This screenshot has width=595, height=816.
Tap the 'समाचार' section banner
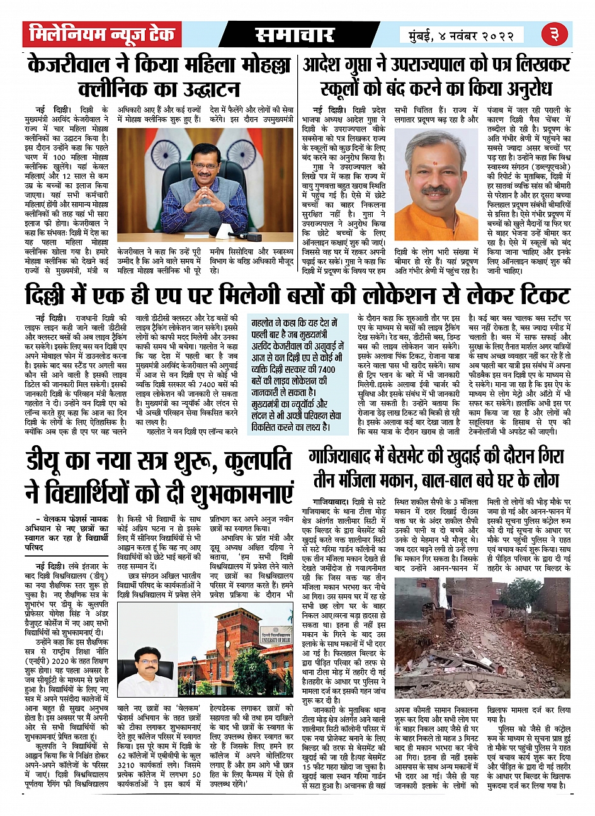pyautogui.click(x=295, y=35)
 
